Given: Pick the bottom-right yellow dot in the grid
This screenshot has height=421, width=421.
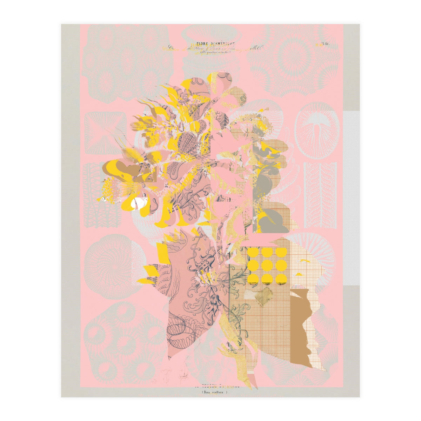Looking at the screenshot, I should tap(281, 279).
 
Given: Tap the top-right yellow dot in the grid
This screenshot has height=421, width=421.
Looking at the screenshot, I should tap(281, 252).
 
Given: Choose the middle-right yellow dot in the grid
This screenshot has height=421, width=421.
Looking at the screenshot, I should tap(281, 266).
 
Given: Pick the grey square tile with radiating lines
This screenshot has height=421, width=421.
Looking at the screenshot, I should tap(105, 133).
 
